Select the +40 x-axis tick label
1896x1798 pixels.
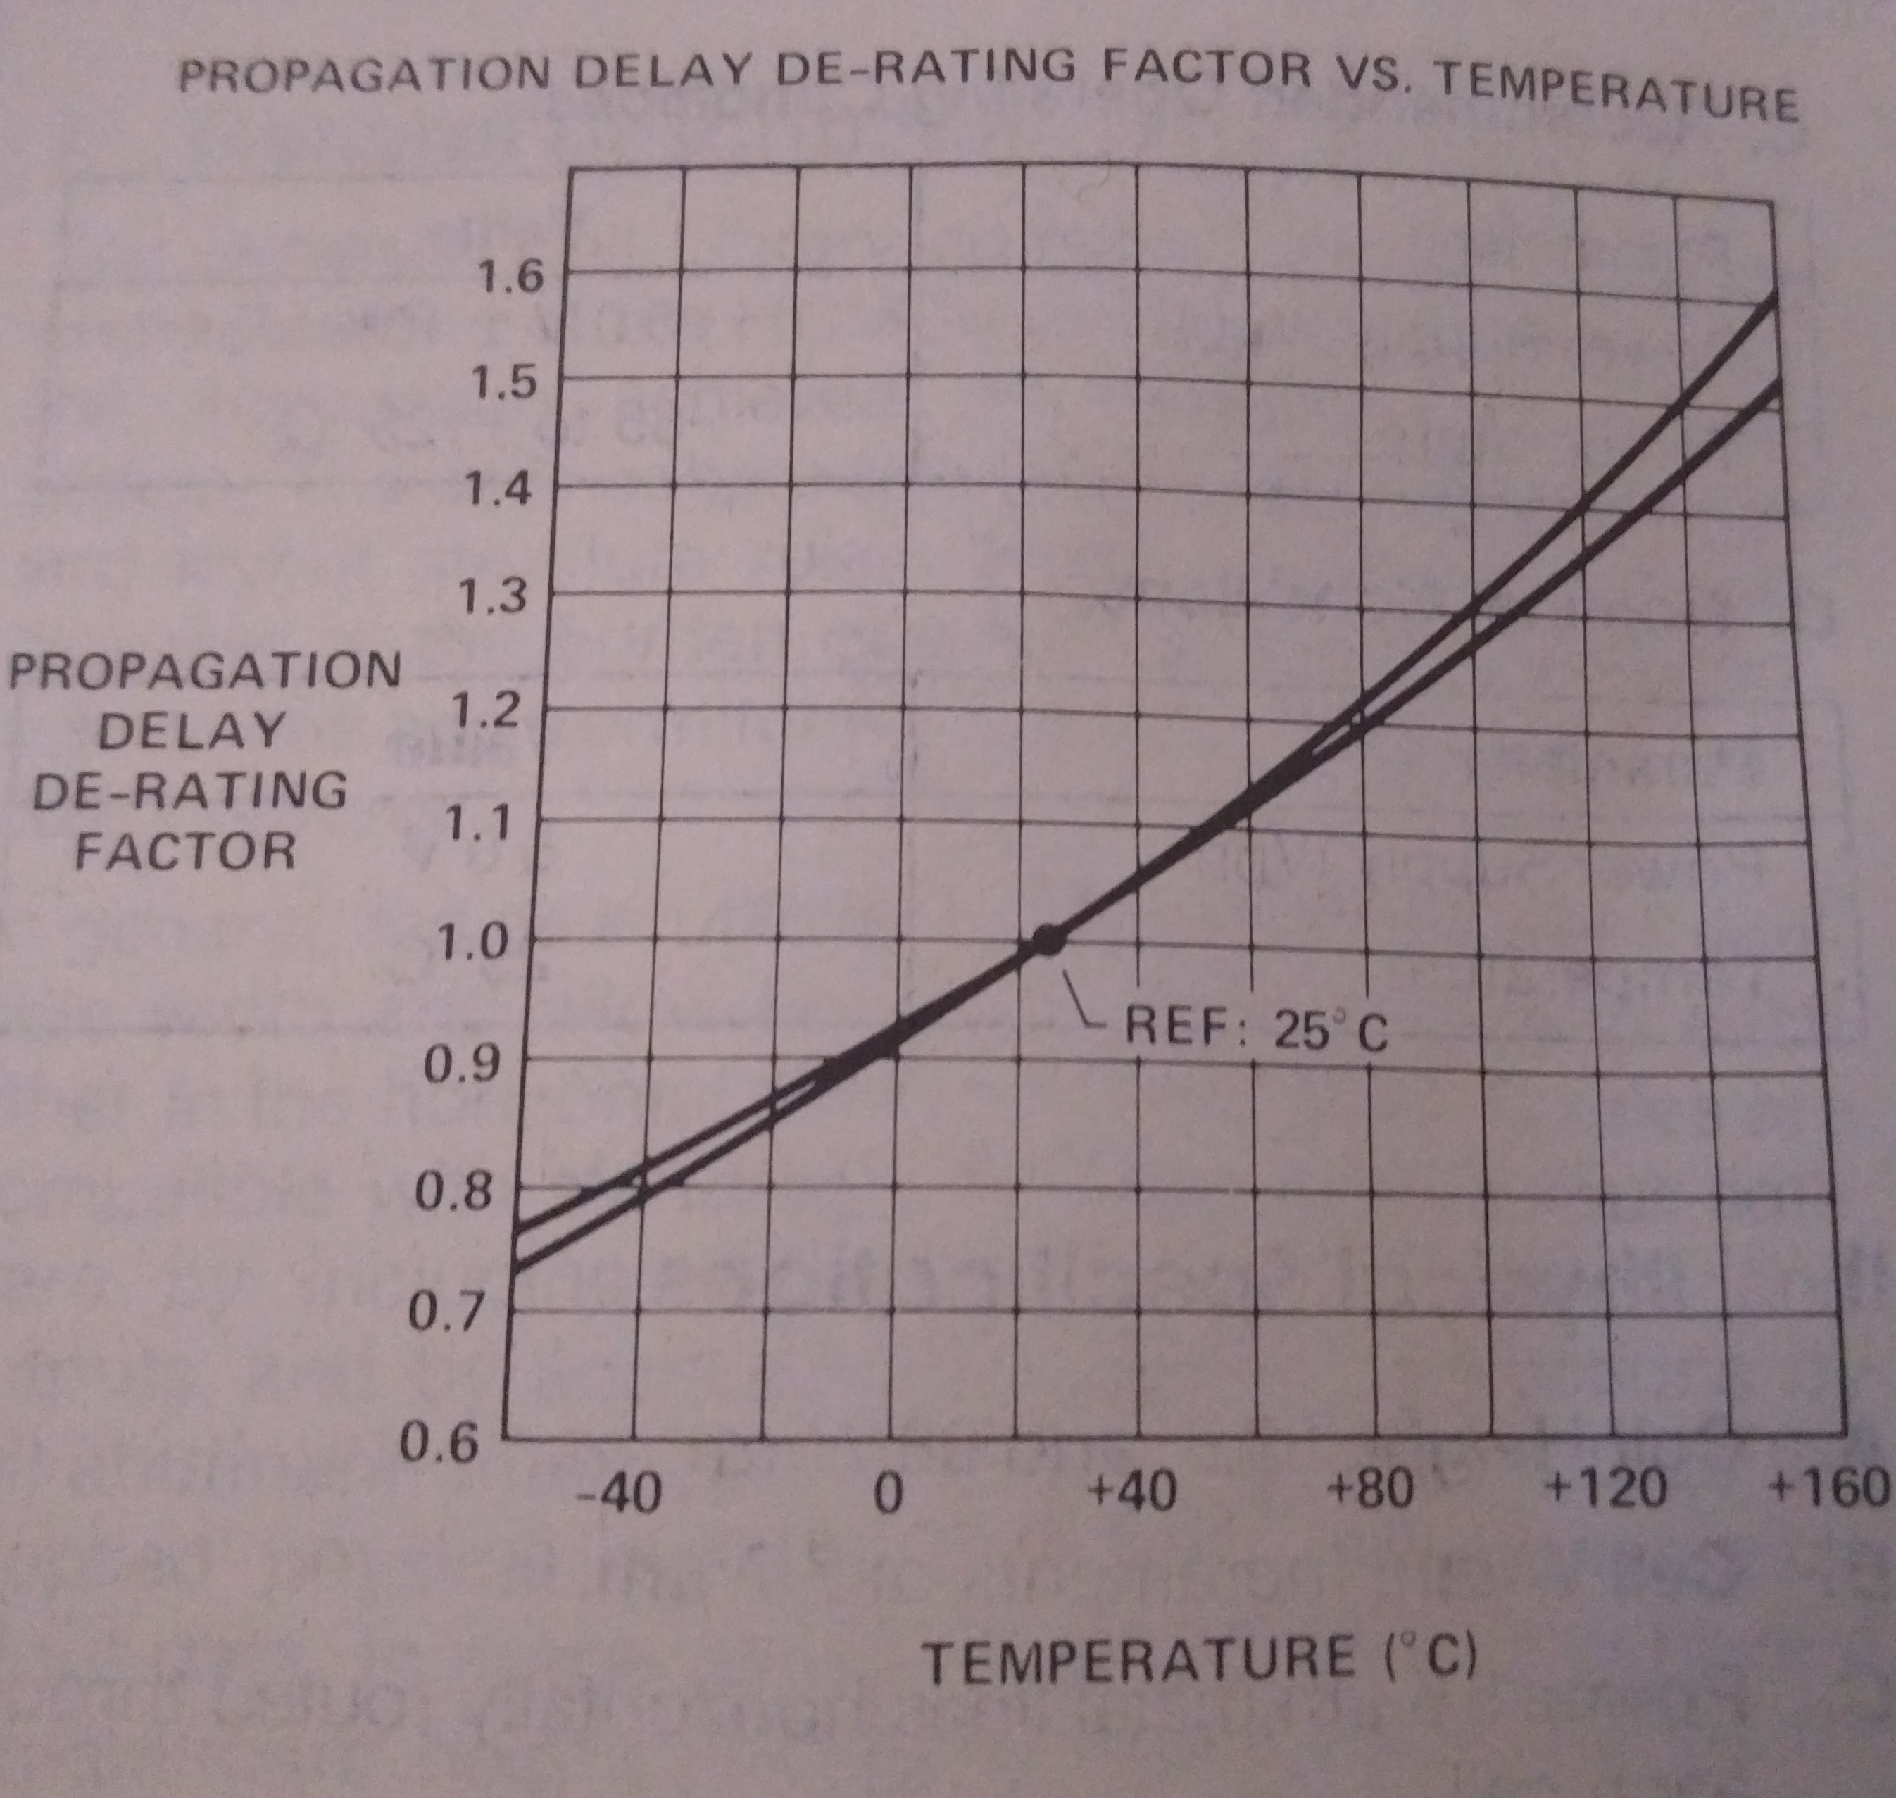coord(1133,1491)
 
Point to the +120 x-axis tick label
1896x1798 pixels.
coord(1607,1488)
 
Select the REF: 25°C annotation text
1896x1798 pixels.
coord(1255,1031)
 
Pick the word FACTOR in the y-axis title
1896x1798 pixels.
coord(186,851)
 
